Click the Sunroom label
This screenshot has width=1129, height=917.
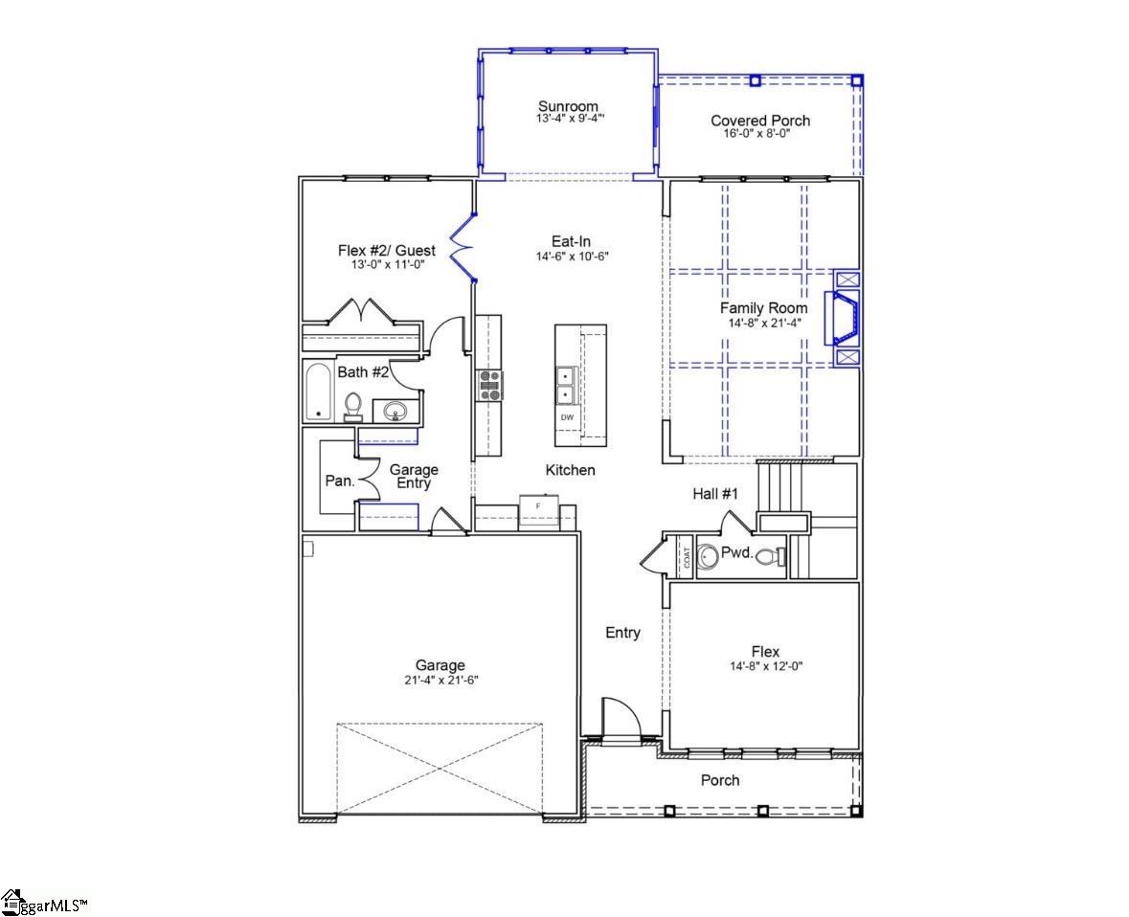(568, 106)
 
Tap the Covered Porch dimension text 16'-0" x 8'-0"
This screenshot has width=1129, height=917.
(759, 133)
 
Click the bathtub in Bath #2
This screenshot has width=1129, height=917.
(318, 391)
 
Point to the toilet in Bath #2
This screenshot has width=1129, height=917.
(352, 407)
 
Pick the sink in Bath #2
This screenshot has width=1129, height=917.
(395, 412)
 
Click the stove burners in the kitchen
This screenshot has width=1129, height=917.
(489, 385)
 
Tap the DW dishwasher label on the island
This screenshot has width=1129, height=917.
(567, 418)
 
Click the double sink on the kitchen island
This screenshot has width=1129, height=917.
(566, 384)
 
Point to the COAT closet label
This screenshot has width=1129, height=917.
(687, 557)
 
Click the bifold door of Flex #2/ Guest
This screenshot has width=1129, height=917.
(463, 248)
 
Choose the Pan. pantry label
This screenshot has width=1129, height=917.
(340, 481)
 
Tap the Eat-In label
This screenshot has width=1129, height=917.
(570, 242)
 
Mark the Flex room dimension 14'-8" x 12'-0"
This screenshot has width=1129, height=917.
(765, 666)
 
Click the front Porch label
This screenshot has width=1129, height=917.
(720, 780)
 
